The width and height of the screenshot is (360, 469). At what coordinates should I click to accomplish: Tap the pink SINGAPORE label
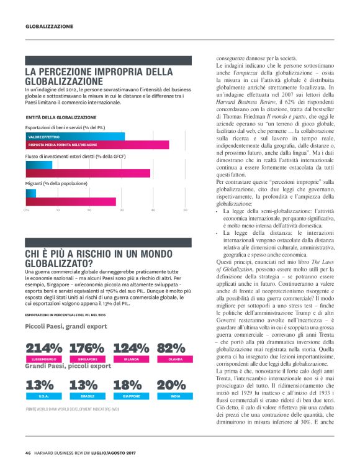pyautogui.click(x=88, y=360)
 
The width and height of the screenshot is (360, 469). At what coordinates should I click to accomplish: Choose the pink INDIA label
pyautogui.click(x=175, y=396)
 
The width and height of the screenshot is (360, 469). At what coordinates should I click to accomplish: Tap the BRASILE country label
pyautogui.click(x=88, y=396)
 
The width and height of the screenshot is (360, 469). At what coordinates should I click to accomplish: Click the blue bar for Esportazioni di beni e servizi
pyautogui.click(x=74, y=136)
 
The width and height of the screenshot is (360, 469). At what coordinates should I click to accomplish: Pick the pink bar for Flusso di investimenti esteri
pyautogui.click(x=87, y=173)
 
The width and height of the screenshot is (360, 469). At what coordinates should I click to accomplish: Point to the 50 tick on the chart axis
pyautogui.click(x=185, y=210)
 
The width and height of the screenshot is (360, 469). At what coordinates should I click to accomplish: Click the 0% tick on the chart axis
pyautogui.click(x=27, y=210)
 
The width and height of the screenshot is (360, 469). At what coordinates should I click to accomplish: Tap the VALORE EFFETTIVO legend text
pyautogui.click(x=44, y=136)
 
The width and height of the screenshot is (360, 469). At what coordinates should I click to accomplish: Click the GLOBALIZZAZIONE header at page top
pyautogui.click(x=49, y=27)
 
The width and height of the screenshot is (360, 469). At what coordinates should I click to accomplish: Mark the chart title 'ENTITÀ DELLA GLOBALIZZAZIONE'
pyautogui.click(x=61, y=117)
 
